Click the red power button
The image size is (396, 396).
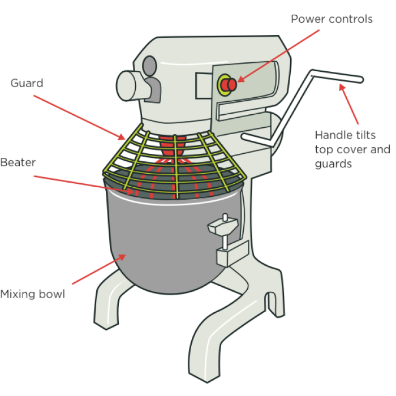coord(229,85)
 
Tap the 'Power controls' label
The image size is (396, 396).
coord(332,19)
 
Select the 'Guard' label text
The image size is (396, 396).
coord(27,83)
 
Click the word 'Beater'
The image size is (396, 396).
coord(18,163)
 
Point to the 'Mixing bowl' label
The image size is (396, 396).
coord(32,294)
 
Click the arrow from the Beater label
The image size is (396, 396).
coord(85,184)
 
